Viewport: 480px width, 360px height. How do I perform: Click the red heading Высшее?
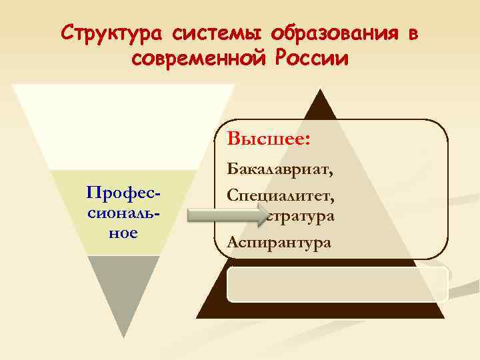tap(270, 140)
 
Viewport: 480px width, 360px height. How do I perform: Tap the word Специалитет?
tap(279, 195)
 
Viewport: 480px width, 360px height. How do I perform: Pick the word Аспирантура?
tap(278, 241)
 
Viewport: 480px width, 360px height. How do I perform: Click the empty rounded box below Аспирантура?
tap(337, 285)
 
